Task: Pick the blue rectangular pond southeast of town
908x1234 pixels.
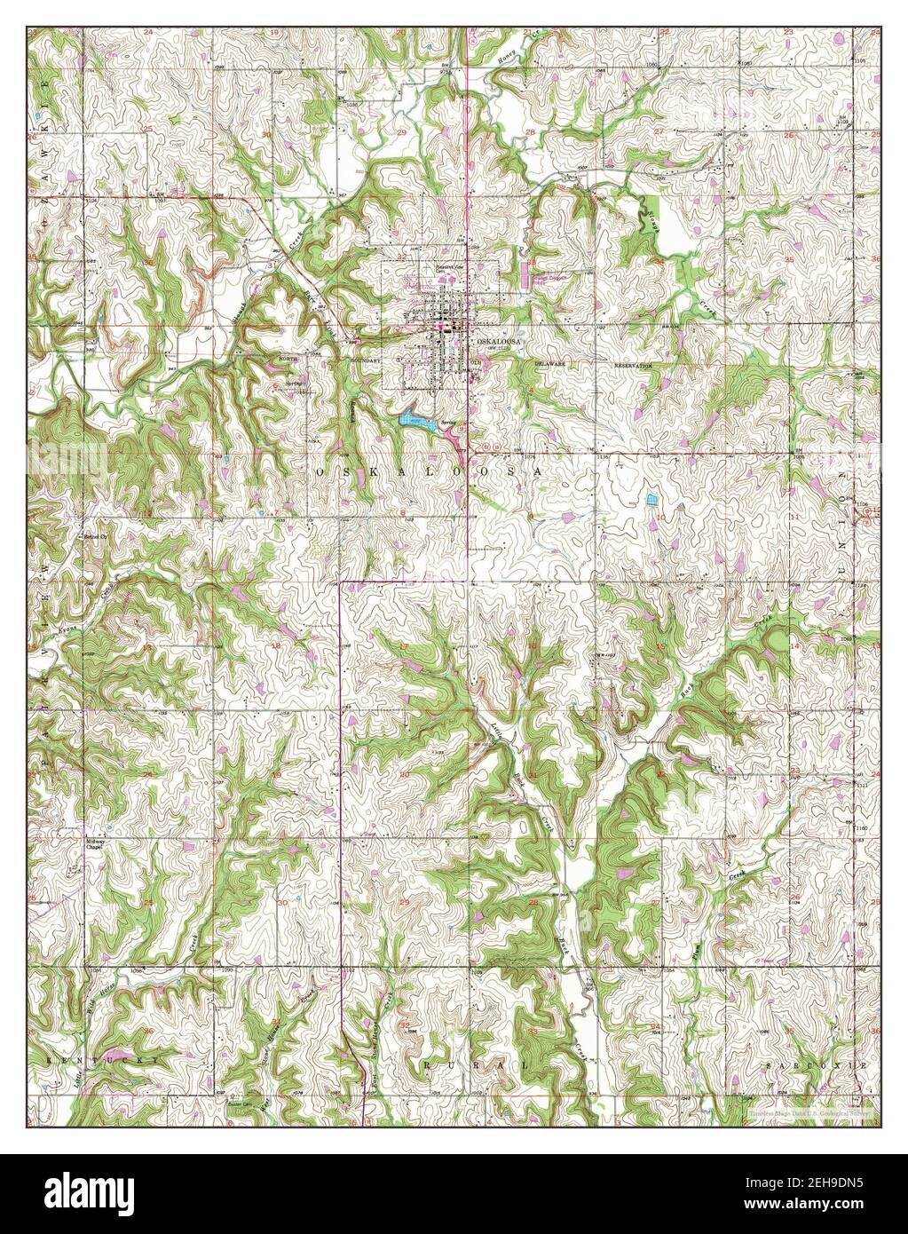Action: pos(653,500)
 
